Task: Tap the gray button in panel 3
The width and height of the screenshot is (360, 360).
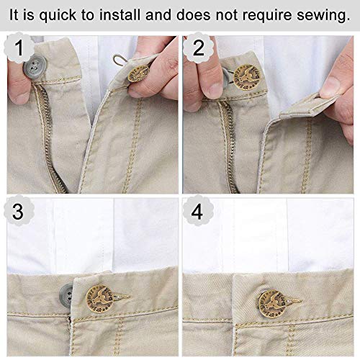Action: [68, 294]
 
